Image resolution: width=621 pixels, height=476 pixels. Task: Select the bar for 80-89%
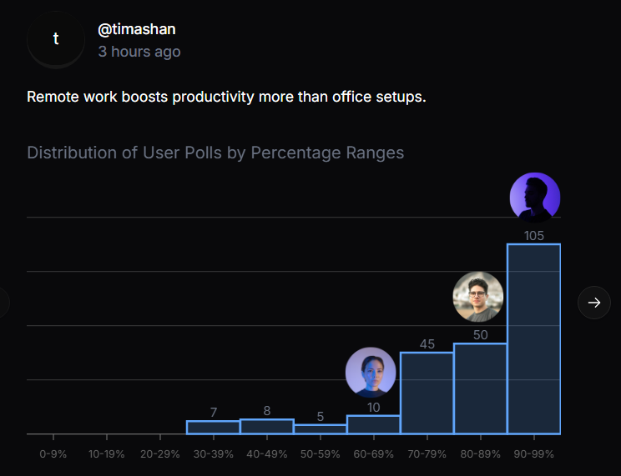[x=480, y=388]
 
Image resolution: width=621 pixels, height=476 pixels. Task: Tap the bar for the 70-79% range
[x=427, y=393]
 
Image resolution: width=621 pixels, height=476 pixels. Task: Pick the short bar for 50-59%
[x=320, y=429]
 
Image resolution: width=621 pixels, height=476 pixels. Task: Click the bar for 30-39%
[x=213, y=427]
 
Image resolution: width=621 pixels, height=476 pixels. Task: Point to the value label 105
[x=534, y=236]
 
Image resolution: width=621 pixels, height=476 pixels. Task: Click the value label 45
[x=427, y=344]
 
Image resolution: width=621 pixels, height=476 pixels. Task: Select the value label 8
[x=266, y=411]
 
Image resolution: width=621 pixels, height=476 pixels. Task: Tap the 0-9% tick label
[x=53, y=454]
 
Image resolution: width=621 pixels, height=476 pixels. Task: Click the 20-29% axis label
[x=159, y=454]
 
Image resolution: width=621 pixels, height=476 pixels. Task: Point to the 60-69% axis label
[x=373, y=454]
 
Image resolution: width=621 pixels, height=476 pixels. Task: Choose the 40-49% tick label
[x=266, y=454]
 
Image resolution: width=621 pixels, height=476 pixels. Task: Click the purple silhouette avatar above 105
[x=534, y=198]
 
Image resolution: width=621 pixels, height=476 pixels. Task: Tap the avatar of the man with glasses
[x=478, y=297]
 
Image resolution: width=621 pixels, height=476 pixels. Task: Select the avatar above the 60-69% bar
[x=371, y=372]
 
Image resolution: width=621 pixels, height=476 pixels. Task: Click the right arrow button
[x=594, y=303]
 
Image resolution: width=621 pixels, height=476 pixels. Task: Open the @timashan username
[x=137, y=29]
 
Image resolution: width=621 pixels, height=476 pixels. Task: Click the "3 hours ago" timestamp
[x=139, y=52]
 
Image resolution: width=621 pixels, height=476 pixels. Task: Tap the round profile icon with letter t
[x=56, y=39]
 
